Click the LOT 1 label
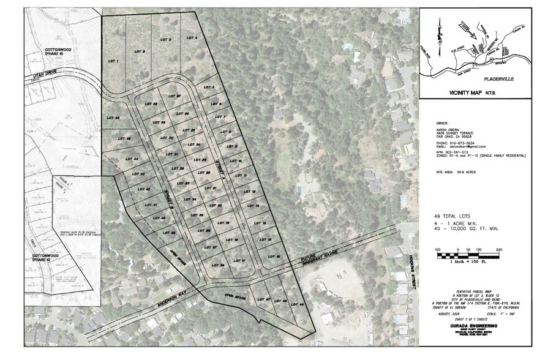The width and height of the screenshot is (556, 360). point(113,61)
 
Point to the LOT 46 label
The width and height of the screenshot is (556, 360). point(113,118)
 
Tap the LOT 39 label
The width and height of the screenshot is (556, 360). point(170,233)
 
